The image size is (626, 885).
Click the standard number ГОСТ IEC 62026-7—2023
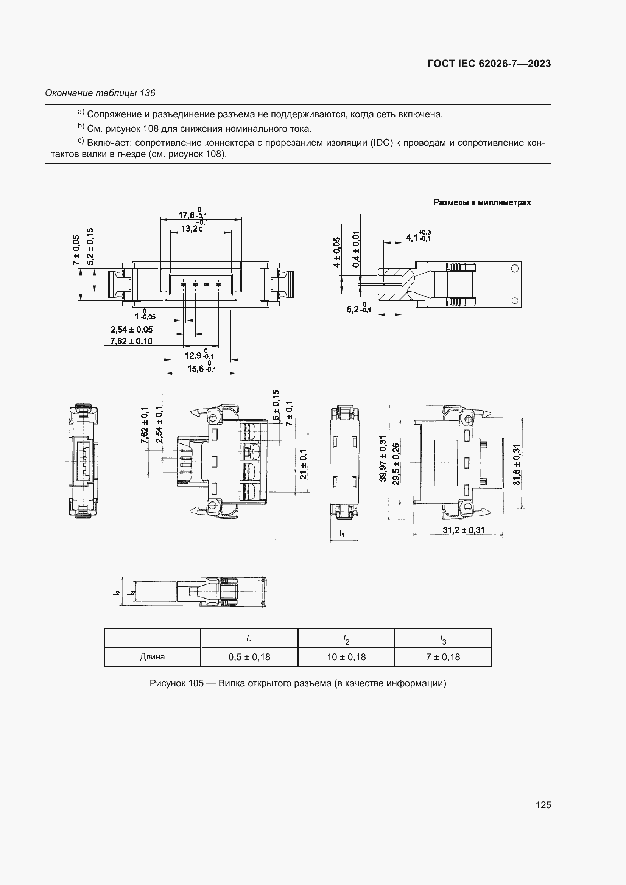click(489, 64)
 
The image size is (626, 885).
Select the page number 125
click(543, 805)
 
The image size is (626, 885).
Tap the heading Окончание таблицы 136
click(100, 93)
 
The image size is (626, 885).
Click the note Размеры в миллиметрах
click(482, 202)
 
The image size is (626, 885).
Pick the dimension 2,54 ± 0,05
click(131, 330)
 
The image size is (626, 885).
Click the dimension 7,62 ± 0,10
click(131, 341)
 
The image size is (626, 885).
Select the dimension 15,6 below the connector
click(196, 369)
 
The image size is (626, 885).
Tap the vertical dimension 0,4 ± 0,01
click(356, 249)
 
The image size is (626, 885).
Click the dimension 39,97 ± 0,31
click(383, 458)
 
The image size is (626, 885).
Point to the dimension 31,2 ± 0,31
click(463, 530)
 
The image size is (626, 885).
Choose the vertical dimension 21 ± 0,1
click(304, 464)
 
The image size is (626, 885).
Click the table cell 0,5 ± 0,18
click(249, 657)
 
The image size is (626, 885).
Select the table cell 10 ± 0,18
click(346, 657)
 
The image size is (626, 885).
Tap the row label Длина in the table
click(152, 656)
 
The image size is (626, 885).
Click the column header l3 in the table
click(443, 639)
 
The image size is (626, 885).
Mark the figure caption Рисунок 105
click(297, 683)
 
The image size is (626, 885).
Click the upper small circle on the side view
click(515, 268)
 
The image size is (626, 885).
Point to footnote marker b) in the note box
click(81, 126)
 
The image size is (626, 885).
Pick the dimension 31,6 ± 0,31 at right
click(517, 465)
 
